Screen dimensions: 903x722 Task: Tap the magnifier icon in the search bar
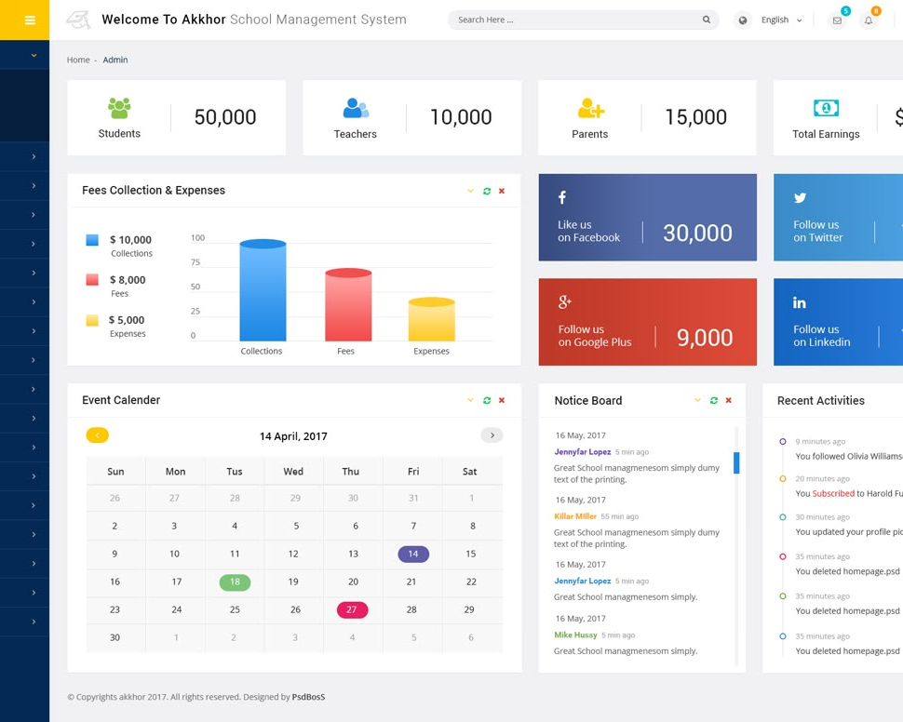point(706,20)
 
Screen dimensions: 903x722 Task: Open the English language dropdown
point(781,20)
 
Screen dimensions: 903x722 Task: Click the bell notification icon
point(869,20)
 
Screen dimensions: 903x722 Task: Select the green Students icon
point(119,108)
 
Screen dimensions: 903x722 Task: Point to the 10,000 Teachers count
point(461,117)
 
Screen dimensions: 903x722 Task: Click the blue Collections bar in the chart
point(263,290)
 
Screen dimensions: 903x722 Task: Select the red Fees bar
point(348,304)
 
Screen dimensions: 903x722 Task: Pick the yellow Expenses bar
point(431,319)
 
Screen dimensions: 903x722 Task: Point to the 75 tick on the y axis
point(195,262)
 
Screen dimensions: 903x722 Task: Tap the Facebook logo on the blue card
point(562,197)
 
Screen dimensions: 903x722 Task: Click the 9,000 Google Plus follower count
point(705,338)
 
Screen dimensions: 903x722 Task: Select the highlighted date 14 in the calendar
point(413,554)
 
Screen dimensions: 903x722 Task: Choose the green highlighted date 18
point(235,582)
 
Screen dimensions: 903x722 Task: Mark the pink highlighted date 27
point(352,609)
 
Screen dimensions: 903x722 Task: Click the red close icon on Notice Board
point(729,400)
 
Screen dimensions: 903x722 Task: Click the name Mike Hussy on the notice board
point(575,635)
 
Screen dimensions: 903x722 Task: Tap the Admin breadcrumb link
point(115,60)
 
